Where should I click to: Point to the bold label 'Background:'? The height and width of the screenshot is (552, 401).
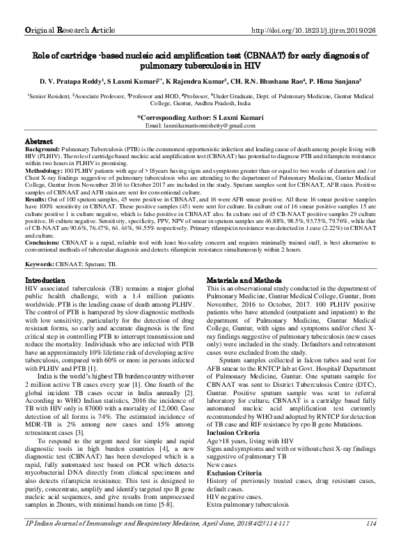coord(42,149)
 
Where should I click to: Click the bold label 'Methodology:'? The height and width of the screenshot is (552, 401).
coord(44,169)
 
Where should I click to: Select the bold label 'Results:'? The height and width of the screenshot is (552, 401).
coord(36,197)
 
